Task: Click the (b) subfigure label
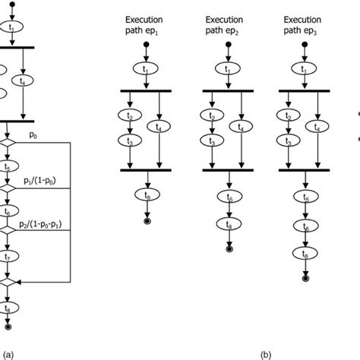[265, 354]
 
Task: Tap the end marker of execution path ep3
[305, 279]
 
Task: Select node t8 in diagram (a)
[7, 309]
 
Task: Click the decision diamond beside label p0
[7, 143]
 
